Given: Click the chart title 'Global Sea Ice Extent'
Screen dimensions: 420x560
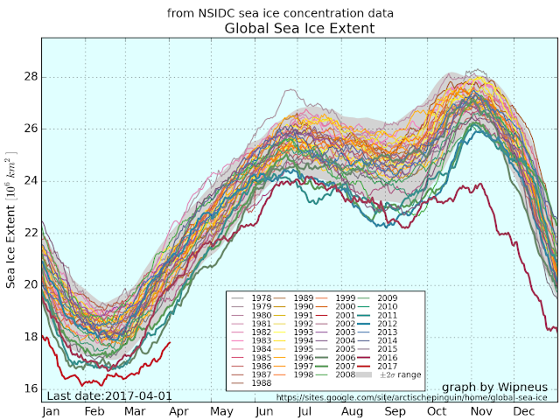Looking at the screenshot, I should pos(299,29).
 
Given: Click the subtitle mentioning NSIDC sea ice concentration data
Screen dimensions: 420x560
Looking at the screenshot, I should pos(280,13).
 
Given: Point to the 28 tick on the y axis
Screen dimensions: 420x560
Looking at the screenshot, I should pos(30,77).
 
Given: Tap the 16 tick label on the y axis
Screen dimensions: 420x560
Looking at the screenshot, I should pos(30,388).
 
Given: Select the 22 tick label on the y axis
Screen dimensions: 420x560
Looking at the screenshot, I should pos(30,233).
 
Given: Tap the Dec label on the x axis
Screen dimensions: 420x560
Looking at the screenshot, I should pos(524,410).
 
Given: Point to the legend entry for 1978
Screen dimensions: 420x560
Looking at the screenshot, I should pos(255,298).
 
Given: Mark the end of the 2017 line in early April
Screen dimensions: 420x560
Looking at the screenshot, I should pos(169,343).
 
